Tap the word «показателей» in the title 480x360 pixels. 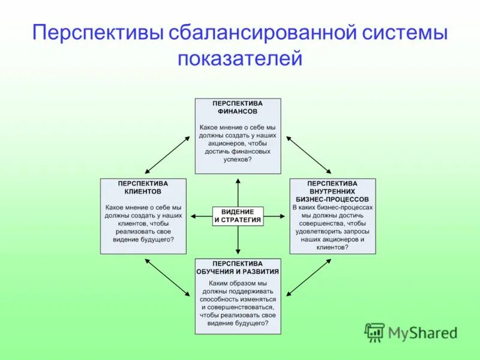[239, 59]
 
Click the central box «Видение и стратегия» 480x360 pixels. [238, 216]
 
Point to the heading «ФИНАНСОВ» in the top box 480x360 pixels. [238, 112]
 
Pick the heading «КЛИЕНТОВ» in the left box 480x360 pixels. [143, 192]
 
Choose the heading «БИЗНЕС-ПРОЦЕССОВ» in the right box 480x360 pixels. [332, 199]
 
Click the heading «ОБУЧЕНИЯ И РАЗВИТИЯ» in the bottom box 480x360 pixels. [238, 272]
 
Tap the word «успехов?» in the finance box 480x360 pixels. [238, 160]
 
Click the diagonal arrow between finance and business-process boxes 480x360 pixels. [308, 154]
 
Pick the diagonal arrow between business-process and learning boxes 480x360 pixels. [308, 277]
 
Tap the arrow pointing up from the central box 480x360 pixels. [238, 191]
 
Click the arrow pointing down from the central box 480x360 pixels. [238, 241]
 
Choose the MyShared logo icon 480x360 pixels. [375, 332]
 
